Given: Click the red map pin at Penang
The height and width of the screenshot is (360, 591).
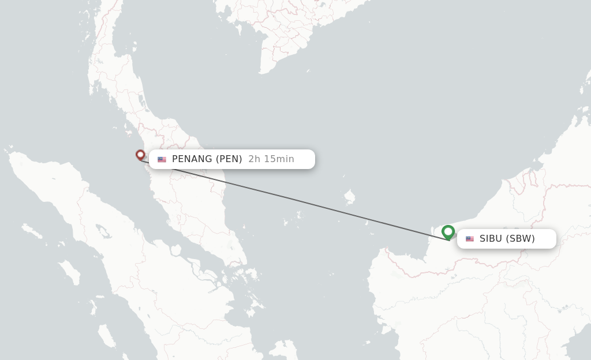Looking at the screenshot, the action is click(140, 154).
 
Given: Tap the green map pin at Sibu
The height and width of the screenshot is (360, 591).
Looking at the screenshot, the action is click(448, 232).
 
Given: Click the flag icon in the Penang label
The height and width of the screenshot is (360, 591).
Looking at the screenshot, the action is click(162, 159).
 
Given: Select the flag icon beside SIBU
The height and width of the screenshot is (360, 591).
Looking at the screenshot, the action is click(470, 239).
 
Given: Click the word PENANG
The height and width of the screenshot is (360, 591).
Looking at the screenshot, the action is click(192, 159).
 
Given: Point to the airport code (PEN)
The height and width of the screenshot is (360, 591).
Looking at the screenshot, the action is click(229, 159).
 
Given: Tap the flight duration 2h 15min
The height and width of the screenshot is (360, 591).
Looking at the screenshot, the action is click(271, 159).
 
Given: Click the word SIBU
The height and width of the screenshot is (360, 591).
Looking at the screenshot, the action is click(491, 239).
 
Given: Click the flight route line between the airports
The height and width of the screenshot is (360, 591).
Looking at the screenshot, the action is click(300, 200).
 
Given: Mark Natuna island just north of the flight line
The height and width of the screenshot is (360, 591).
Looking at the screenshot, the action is click(349, 197).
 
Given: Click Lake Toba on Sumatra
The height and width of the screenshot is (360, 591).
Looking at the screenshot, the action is click(104, 232).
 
